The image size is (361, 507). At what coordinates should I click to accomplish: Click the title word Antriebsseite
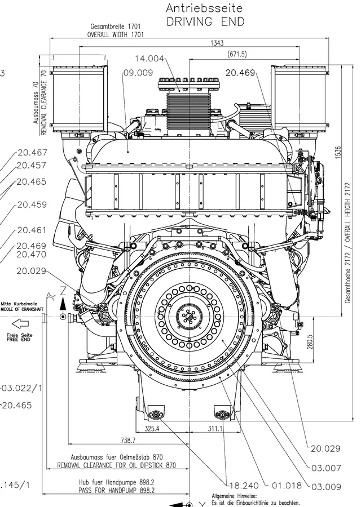pos(204,8)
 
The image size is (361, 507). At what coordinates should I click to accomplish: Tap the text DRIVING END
pos(204,22)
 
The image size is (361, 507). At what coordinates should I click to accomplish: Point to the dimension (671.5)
pos(236,54)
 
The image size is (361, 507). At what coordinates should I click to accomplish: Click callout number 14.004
pos(150,59)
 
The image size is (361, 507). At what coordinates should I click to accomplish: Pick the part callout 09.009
pos(138,72)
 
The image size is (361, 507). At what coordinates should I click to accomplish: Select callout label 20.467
pos(32,152)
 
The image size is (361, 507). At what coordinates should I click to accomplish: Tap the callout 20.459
pos(32,205)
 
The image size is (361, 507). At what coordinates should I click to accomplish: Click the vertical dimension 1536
pos(337,152)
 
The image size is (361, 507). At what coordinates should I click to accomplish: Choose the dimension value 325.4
pos(152,429)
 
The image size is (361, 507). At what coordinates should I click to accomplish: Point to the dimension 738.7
pos(128,440)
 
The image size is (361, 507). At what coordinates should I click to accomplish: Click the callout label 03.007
pos(326,467)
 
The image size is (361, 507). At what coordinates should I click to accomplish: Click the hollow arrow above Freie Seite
pos(20,323)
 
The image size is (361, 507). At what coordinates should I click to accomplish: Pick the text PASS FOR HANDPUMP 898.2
pos(116,491)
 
